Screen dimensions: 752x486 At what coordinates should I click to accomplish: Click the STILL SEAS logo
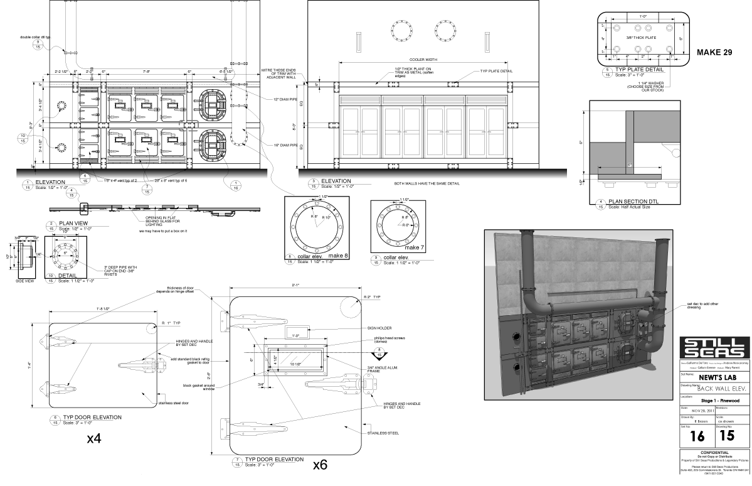715,348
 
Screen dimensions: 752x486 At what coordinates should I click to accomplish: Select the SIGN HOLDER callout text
381,328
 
